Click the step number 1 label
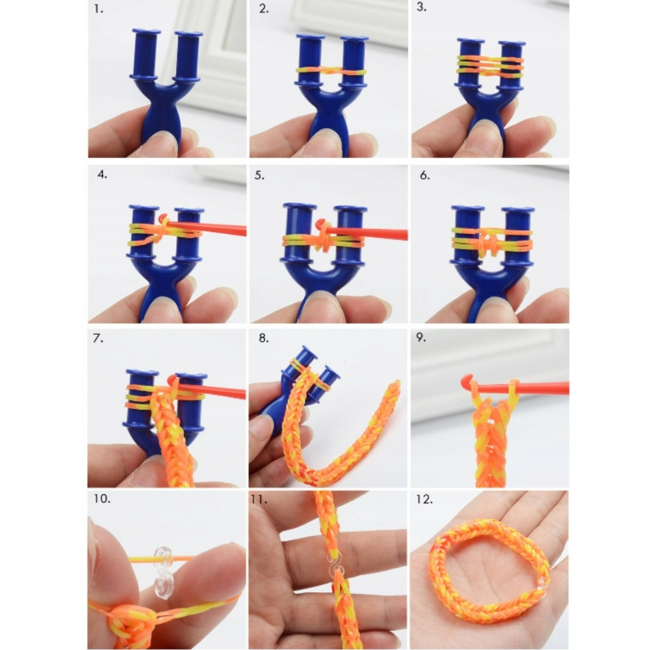(98, 8)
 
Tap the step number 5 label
(259, 175)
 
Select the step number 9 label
(421, 337)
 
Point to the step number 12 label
(424, 499)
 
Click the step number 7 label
(98, 338)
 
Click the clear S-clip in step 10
(163, 573)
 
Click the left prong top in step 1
(146, 31)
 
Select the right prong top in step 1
(188, 34)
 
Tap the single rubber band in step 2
(331, 71)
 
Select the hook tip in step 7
(172, 380)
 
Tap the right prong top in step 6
(518, 209)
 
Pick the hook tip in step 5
(320, 224)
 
